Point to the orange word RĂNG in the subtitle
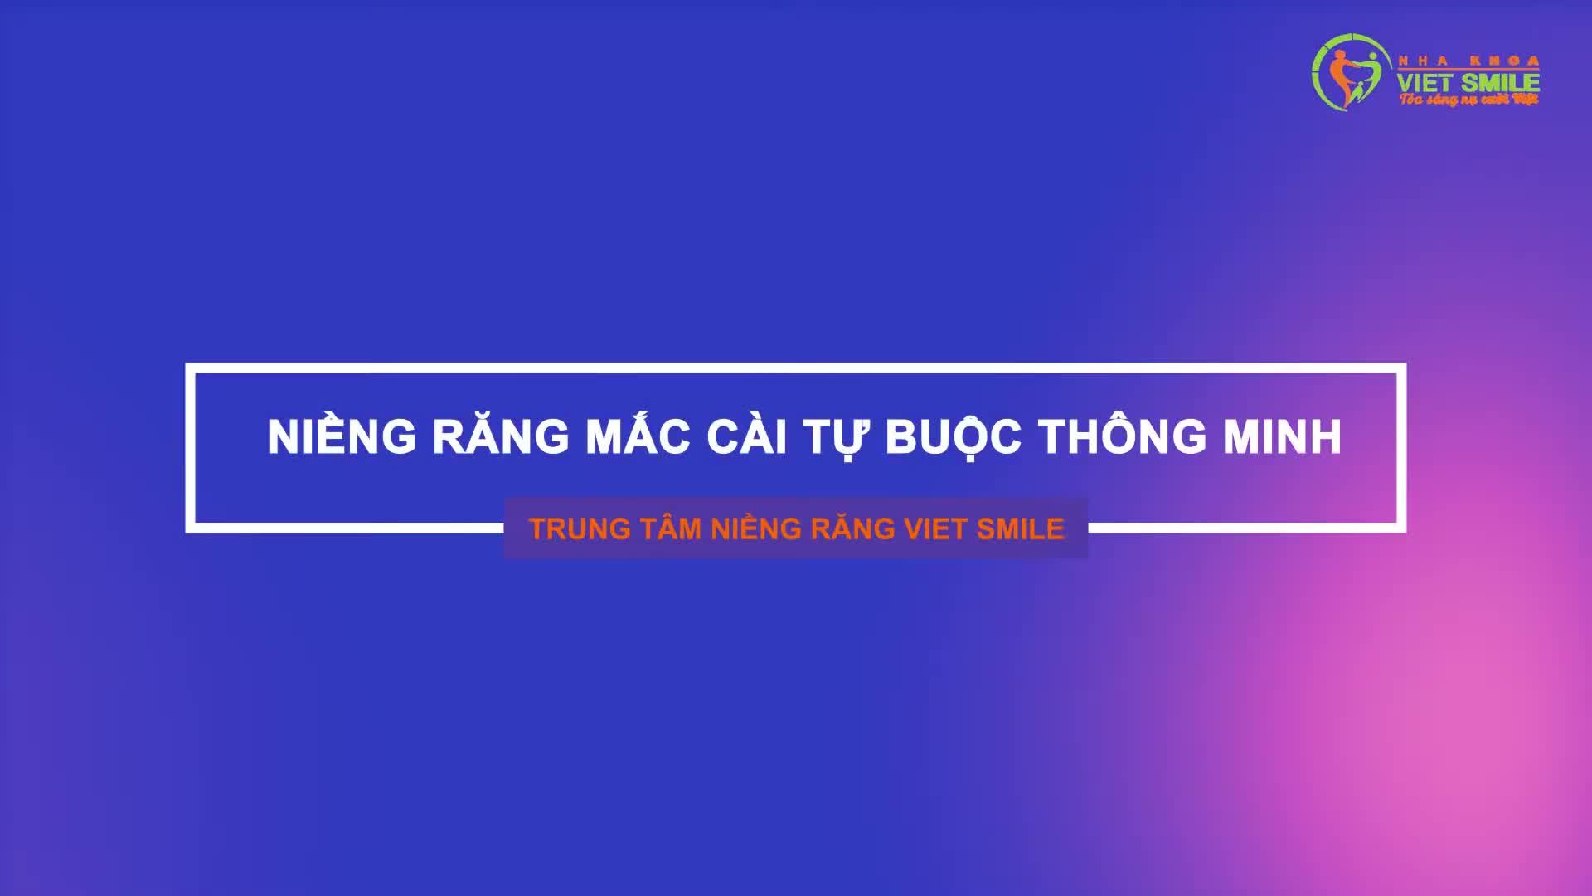tap(853, 529)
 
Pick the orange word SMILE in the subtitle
tap(1021, 529)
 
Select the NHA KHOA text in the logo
tap(1468, 61)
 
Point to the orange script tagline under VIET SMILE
tap(1468, 99)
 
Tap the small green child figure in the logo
tap(1357, 92)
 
